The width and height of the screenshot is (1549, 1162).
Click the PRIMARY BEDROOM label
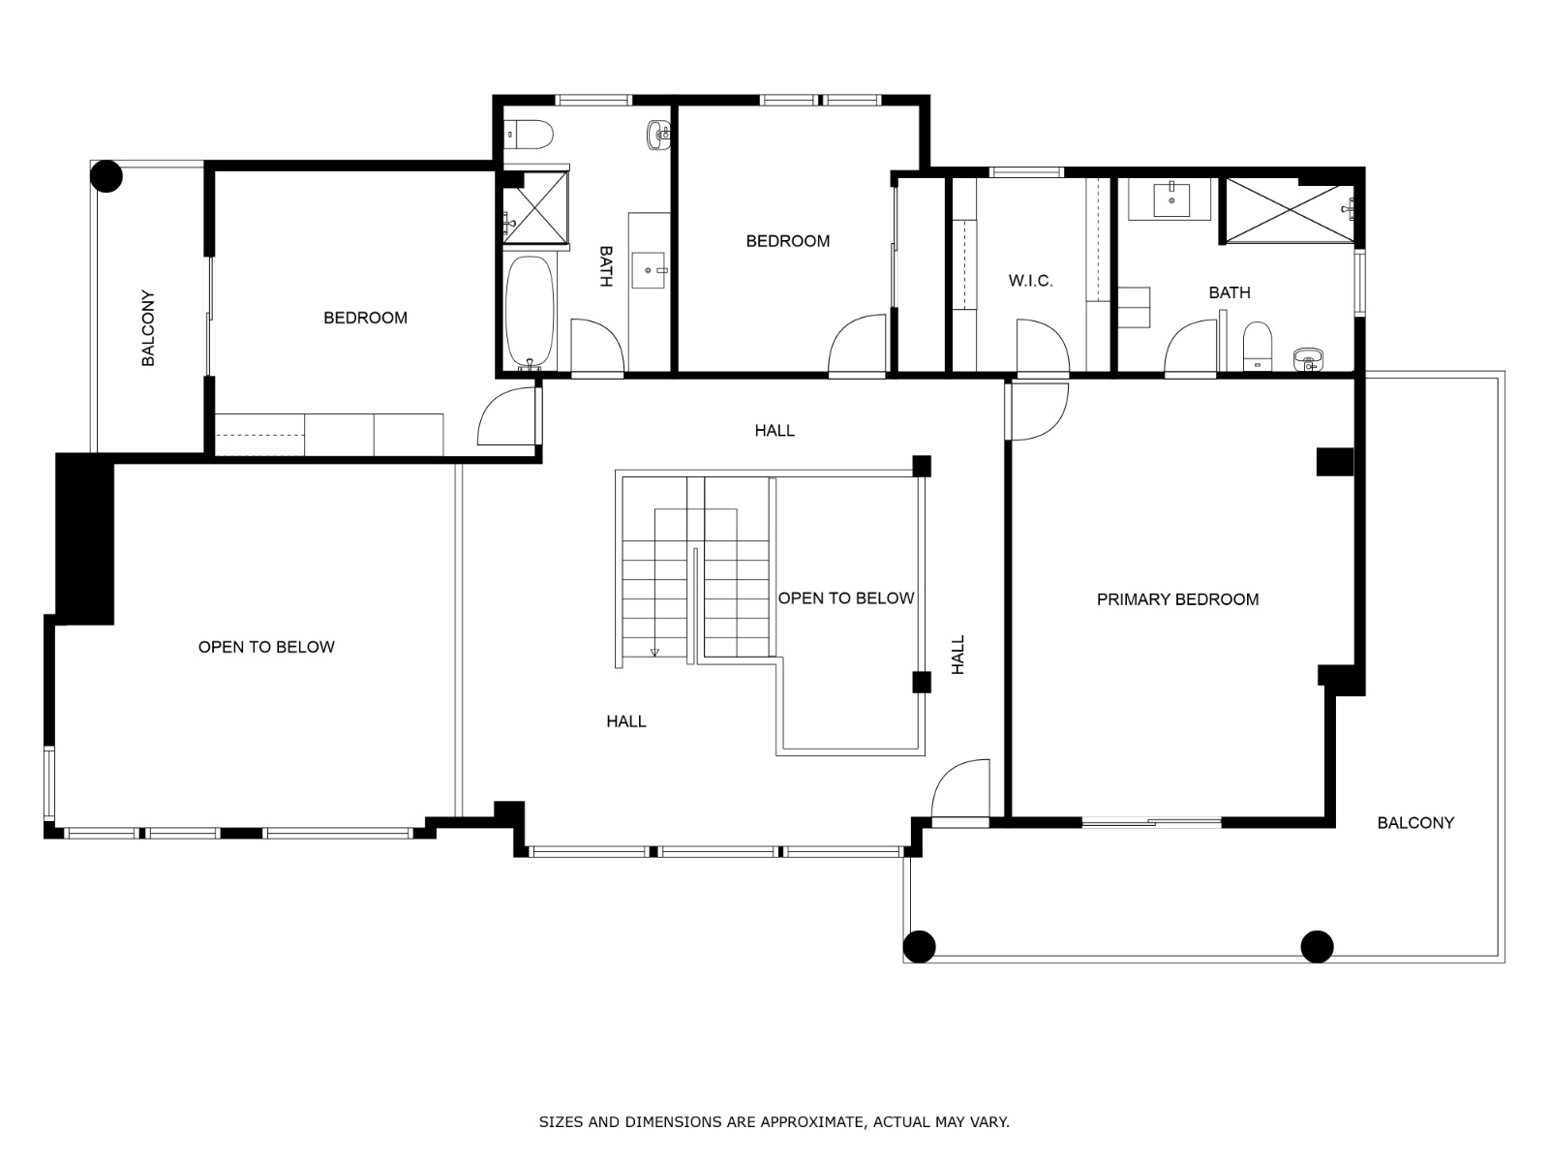1177,599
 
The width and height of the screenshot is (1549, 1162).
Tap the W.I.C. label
1030,281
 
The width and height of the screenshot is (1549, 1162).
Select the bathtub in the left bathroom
530,312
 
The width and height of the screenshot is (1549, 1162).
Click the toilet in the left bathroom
529,134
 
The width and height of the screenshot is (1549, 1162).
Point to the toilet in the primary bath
1257,346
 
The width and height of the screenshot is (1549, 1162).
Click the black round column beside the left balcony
106,176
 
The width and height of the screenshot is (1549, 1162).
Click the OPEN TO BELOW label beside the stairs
845,598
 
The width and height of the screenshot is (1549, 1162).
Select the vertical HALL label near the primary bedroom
957,655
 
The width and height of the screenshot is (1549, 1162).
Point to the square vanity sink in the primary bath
1171,199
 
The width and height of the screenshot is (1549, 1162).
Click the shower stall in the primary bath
1290,210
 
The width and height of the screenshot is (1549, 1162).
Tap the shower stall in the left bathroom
535,208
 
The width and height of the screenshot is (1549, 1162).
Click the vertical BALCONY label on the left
148,328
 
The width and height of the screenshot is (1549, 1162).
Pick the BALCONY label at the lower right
1415,823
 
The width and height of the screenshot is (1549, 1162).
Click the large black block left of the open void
84,539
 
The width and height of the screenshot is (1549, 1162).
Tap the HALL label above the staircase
774,430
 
